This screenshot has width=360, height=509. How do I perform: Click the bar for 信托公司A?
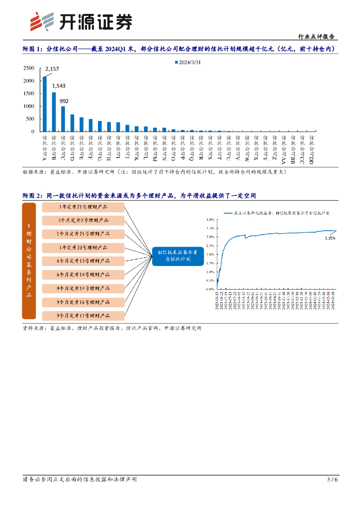tap(45, 104)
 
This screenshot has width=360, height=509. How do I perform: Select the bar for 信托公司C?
tap(63, 119)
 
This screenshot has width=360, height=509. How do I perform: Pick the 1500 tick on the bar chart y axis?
tap(29, 93)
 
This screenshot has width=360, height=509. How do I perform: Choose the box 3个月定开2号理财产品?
tap(83, 220)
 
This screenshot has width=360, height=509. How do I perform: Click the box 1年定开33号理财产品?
tap(83, 247)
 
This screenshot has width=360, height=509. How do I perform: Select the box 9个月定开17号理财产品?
tap(83, 315)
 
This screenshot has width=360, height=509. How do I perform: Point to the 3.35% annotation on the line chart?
tap(330, 238)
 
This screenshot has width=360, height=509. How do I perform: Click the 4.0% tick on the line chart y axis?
tap(210, 219)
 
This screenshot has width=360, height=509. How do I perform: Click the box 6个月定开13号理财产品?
tap(83, 261)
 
